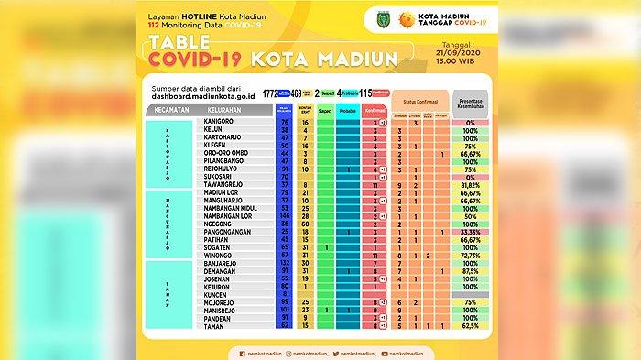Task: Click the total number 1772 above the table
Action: [x=269, y=93]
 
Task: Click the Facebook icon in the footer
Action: [x=242, y=350]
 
